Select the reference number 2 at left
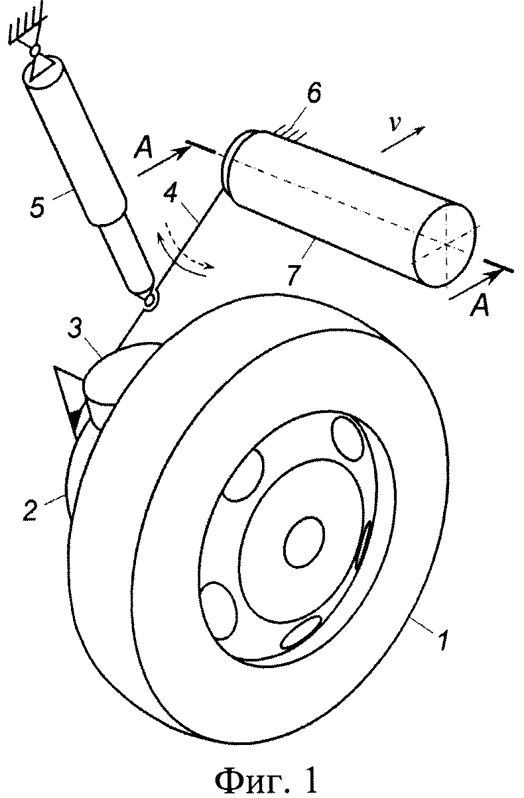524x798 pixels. [x=31, y=511]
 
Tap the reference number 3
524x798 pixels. [x=74, y=330]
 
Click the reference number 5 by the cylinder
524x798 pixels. [x=38, y=207]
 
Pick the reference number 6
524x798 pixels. [x=313, y=93]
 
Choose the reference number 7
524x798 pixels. [x=294, y=274]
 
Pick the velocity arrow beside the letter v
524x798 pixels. [x=403, y=139]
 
